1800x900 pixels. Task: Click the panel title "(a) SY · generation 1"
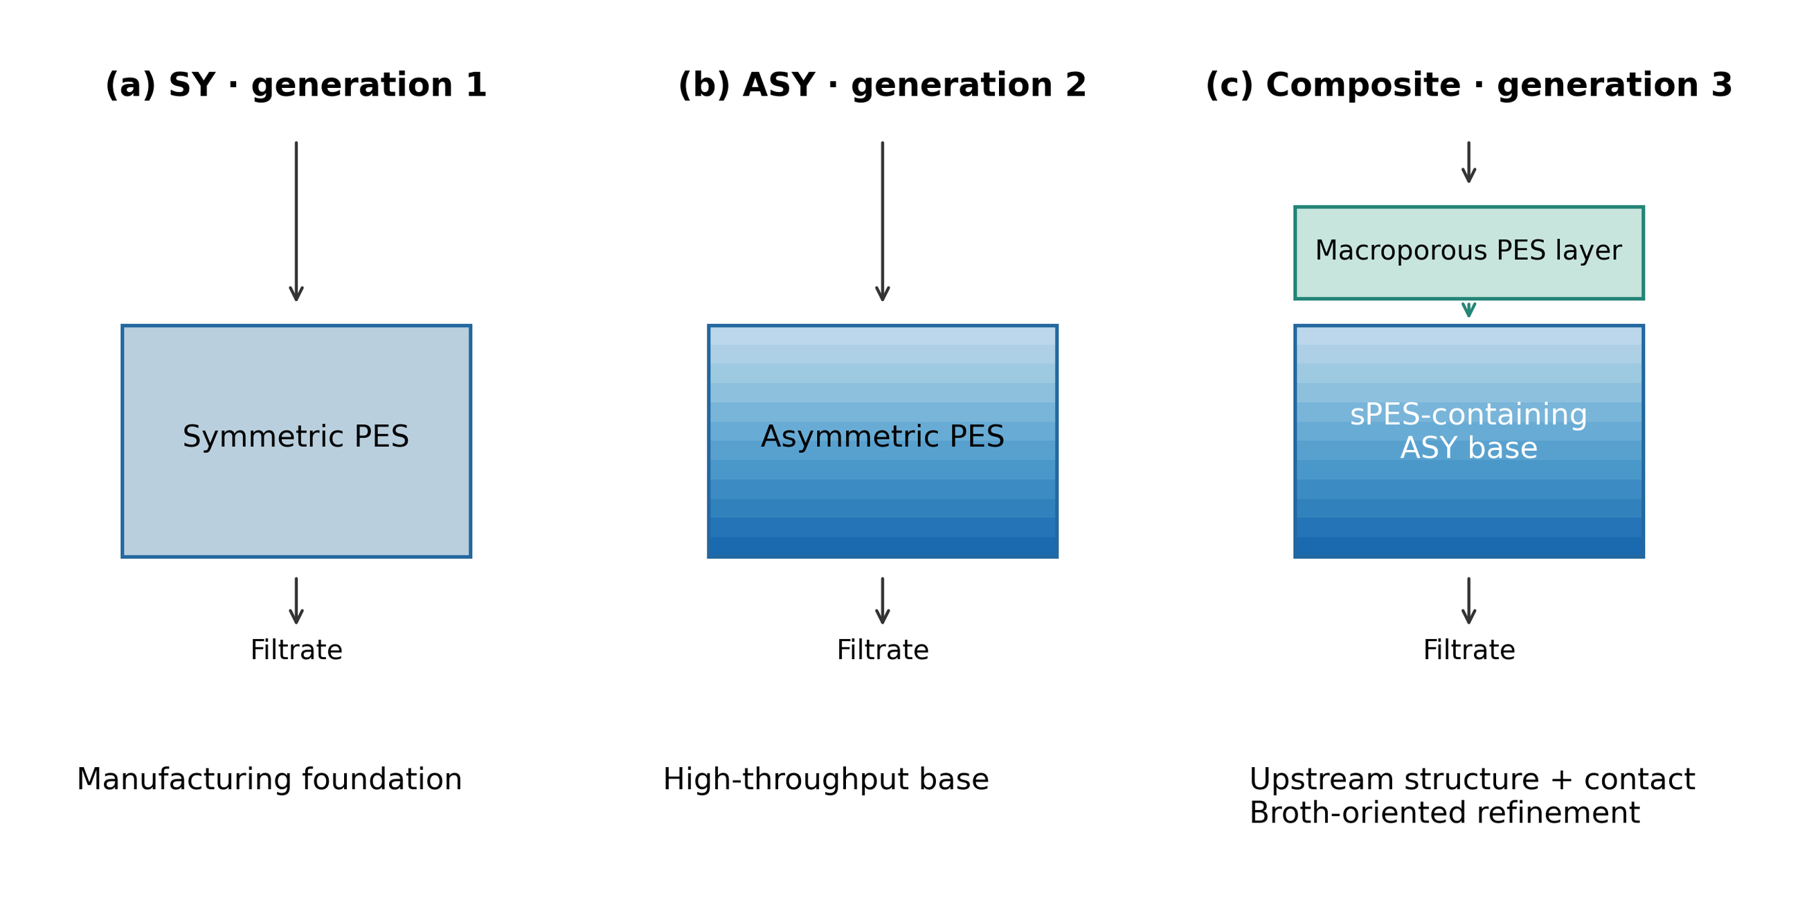(x=296, y=85)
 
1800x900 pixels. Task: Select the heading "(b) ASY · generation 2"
(x=883, y=85)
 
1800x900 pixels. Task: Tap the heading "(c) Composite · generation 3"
(x=1469, y=85)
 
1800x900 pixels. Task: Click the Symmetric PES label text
(x=296, y=437)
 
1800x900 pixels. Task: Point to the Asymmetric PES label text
(x=883, y=437)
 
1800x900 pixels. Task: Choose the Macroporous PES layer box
(x=1469, y=253)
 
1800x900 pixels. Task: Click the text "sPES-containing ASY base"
(x=1469, y=431)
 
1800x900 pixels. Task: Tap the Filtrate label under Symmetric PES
(x=296, y=650)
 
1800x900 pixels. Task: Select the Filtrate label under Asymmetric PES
(x=883, y=650)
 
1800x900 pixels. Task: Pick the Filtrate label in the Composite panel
(x=1469, y=650)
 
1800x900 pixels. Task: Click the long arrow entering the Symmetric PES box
(x=296, y=222)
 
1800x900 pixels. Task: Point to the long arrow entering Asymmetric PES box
(x=883, y=222)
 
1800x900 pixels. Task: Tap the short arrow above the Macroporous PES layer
(x=1469, y=163)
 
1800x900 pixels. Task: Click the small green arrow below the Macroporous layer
(x=1469, y=309)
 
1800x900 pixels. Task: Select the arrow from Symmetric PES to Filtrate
(x=296, y=601)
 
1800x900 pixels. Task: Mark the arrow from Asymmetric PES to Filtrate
(x=883, y=601)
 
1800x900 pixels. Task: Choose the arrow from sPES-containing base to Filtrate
(x=1469, y=601)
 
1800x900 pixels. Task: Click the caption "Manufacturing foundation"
(x=269, y=779)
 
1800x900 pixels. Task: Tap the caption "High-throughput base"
(x=826, y=779)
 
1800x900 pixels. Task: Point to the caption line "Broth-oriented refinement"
(x=1444, y=813)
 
